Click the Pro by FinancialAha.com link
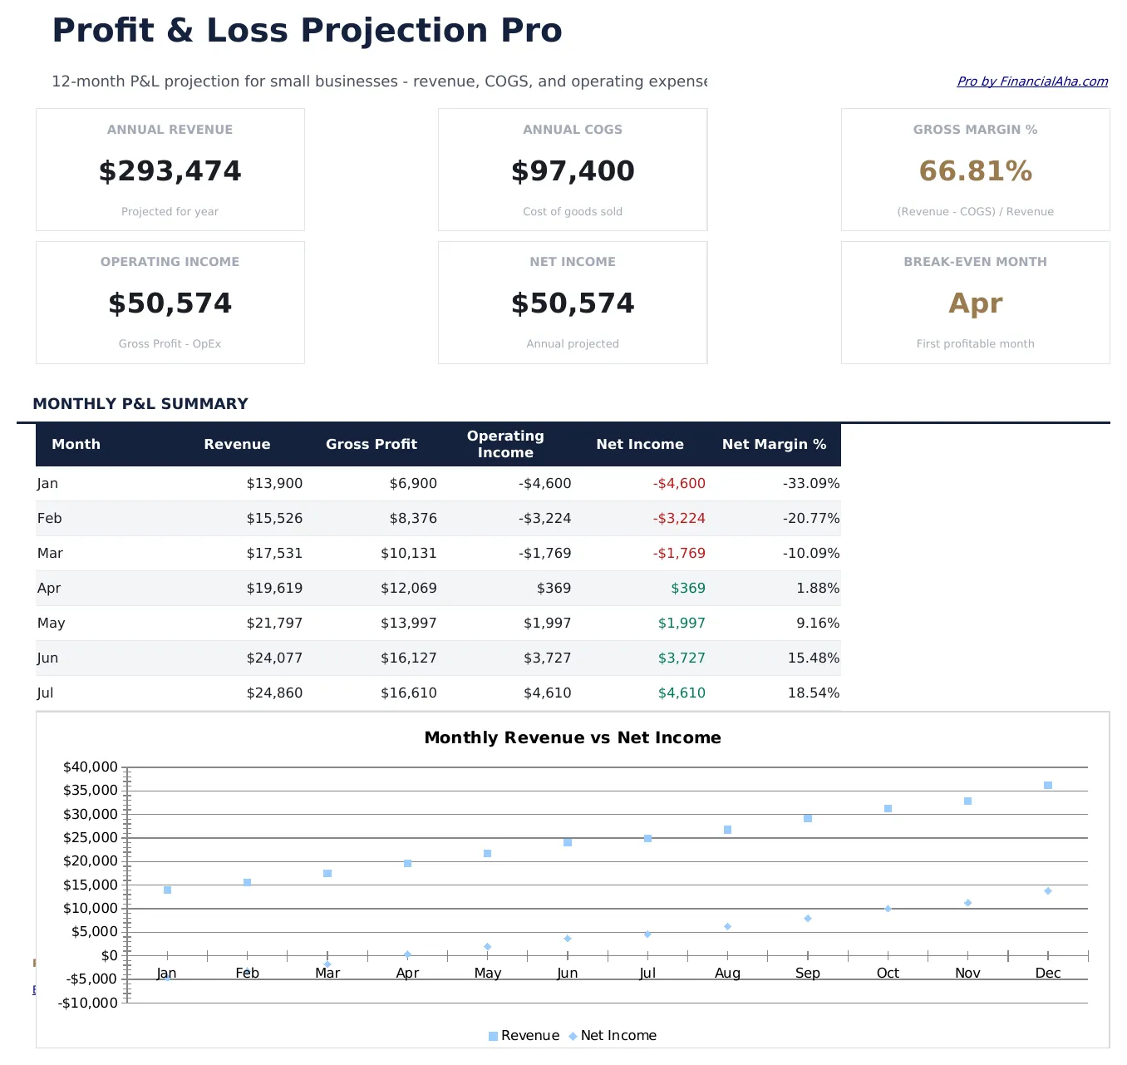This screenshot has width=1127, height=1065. [x=1032, y=81]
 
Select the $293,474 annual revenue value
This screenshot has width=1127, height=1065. [x=170, y=171]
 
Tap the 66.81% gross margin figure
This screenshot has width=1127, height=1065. [x=975, y=171]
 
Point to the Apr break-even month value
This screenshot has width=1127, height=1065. [x=975, y=303]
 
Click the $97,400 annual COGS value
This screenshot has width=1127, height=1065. [x=573, y=171]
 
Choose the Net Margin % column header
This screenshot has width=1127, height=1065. [x=774, y=445]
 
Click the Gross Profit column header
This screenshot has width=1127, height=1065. [x=371, y=445]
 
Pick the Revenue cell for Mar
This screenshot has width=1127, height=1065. [x=274, y=554]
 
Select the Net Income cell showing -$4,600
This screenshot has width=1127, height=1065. [x=679, y=484]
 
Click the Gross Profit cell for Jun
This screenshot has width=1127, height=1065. [x=408, y=658]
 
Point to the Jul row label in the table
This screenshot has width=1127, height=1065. [x=46, y=693]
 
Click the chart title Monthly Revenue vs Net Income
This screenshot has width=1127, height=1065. [x=573, y=738]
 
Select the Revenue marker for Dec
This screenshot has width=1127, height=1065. [x=1048, y=786]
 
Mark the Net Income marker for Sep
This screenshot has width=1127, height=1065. [x=808, y=919]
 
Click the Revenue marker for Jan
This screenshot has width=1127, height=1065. [x=167, y=890]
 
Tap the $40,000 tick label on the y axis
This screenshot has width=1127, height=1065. [x=91, y=767]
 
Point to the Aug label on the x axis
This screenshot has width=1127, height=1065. [x=727, y=974]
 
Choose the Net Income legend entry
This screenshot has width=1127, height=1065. [x=613, y=1036]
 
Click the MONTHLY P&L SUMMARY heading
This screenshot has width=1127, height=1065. [x=140, y=404]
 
